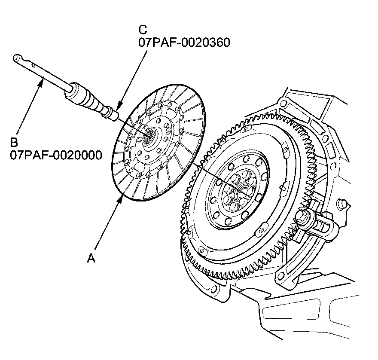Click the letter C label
(x=143, y=30)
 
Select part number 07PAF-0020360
(x=184, y=43)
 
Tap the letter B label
(x=14, y=142)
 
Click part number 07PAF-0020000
(x=56, y=155)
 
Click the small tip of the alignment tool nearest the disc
(x=114, y=116)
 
